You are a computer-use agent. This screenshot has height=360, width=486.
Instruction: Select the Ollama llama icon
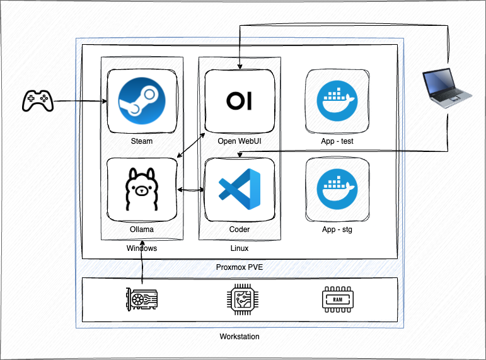pyautogui.click(x=142, y=189)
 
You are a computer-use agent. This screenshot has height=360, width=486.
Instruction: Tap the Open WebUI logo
pyautogui.click(x=240, y=101)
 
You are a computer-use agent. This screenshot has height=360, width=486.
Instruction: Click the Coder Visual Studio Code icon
pyautogui.click(x=240, y=189)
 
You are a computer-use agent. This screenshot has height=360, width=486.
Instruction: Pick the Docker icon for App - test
pyautogui.click(x=337, y=101)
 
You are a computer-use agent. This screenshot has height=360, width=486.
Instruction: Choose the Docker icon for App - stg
pyautogui.click(x=337, y=189)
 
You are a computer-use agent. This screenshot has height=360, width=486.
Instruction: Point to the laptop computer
pyautogui.click(x=446, y=88)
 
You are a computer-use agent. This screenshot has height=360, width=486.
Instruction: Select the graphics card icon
pyautogui.click(x=142, y=299)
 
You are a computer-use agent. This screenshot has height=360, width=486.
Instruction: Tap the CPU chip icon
pyautogui.click(x=240, y=299)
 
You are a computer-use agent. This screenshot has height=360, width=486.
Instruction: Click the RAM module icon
pyautogui.click(x=337, y=299)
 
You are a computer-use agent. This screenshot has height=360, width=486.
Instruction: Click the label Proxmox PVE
pyautogui.click(x=240, y=267)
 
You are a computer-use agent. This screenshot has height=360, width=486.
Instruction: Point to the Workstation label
pyautogui.click(x=240, y=337)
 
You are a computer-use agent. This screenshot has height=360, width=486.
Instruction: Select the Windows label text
pyautogui.click(x=142, y=248)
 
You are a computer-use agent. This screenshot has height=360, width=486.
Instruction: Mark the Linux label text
pyautogui.click(x=240, y=248)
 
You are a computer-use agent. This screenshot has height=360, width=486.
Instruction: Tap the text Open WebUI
pyautogui.click(x=240, y=141)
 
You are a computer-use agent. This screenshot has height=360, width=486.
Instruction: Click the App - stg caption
pyautogui.click(x=337, y=229)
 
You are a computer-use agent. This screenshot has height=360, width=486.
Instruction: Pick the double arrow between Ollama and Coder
pyautogui.click(x=191, y=189)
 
